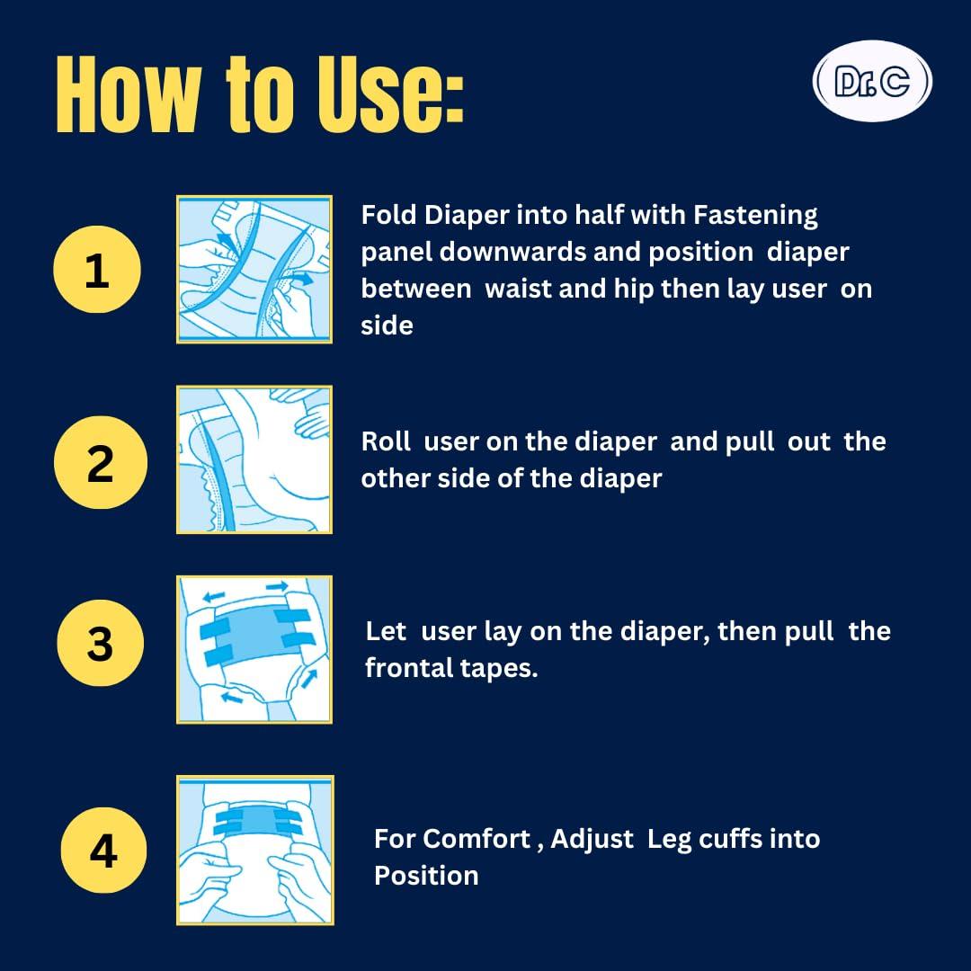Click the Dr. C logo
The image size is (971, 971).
(872, 81)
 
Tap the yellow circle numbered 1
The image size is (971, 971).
(97, 270)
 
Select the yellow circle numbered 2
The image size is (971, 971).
(101, 463)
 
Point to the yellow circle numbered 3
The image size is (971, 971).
(101, 643)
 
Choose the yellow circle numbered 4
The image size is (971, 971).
(103, 851)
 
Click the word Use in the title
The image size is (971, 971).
(391, 94)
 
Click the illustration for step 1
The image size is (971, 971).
(254, 270)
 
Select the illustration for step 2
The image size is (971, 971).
(254, 459)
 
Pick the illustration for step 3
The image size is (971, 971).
(254, 650)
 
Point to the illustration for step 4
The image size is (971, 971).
(255, 851)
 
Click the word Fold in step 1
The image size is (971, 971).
(388, 215)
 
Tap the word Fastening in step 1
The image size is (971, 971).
(755, 216)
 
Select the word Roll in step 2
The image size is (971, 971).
(386, 441)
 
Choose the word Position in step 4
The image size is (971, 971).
(426, 877)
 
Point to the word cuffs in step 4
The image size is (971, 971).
(730, 839)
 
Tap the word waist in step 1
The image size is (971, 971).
(518, 290)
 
